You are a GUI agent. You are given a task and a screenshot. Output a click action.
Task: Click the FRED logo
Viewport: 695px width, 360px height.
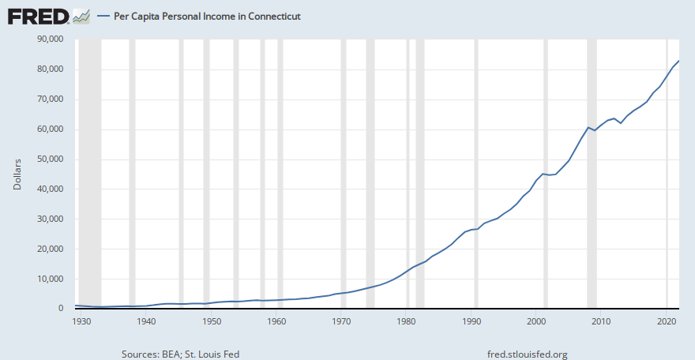pyautogui.click(x=38, y=16)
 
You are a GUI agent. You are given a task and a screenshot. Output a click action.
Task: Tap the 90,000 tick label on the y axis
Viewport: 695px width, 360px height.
pyautogui.click(x=50, y=39)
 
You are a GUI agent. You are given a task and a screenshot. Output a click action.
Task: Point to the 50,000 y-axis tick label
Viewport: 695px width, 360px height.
pyautogui.click(x=50, y=159)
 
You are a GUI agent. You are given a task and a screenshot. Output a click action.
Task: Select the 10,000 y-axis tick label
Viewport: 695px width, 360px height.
pyautogui.click(x=50, y=279)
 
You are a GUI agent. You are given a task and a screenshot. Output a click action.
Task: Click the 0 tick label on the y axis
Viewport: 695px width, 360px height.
pyautogui.click(x=60, y=309)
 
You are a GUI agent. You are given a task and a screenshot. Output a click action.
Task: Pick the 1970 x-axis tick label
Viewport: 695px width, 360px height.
pyautogui.click(x=341, y=321)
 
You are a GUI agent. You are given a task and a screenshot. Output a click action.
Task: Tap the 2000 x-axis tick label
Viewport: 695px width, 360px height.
pyautogui.click(x=536, y=321)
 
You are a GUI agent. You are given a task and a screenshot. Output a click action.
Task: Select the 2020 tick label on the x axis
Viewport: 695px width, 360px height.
pyautogui.click(x=666, y=321)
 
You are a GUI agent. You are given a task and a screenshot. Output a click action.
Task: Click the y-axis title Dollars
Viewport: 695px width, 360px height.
pyautogui.click(x=17, y=174)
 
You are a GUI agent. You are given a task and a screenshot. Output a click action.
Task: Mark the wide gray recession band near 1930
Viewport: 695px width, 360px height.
pyautogui.click(x=90, y=174)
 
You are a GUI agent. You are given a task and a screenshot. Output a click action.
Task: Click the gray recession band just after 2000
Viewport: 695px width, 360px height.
pyautogui.click(x=546, y=174)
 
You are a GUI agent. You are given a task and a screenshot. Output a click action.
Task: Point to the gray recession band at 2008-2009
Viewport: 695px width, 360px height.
pyautogui.click(x=592, y=174)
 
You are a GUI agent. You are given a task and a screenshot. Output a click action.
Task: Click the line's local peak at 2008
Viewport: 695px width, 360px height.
pyautogui.click(x=588, y=127)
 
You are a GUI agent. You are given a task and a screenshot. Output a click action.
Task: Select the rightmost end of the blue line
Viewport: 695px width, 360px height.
pyautogui.click(x=679, y=61)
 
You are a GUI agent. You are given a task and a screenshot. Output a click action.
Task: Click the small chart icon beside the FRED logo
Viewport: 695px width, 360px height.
pyautogui.click(x=81, y=16)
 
